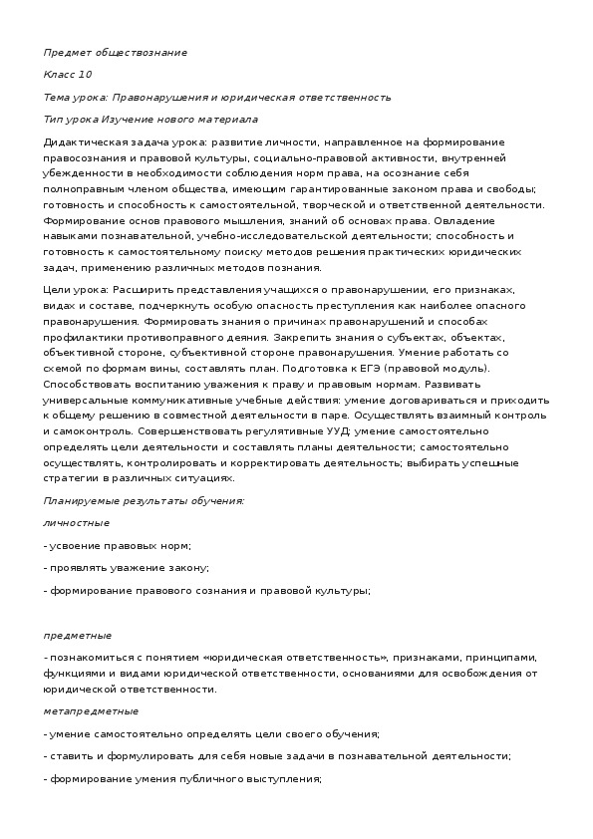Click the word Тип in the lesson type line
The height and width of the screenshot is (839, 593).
54,121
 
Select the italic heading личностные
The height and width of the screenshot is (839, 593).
77,522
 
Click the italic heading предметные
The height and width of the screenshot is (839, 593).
78,635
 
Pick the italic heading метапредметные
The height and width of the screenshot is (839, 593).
91,711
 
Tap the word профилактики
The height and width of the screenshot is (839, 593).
81,337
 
